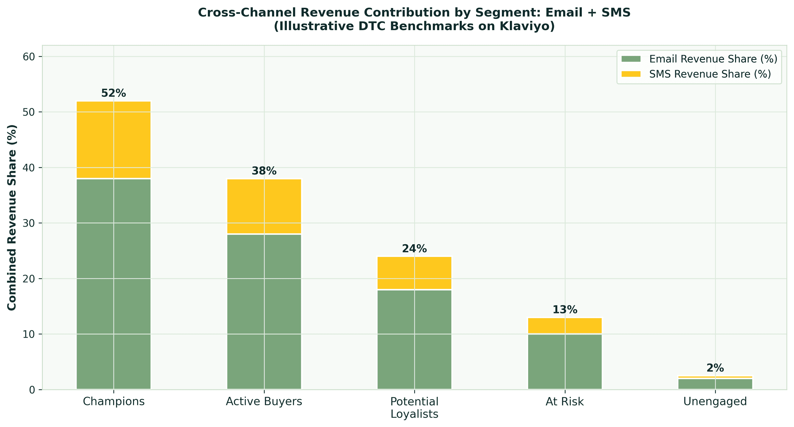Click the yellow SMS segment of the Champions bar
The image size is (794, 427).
[x=114, y=140]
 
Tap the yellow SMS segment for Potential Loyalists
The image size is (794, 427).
[x=414, y=273]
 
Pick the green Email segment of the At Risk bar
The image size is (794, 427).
[x=565, y=362]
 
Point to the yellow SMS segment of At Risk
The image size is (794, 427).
[x=565, y=326]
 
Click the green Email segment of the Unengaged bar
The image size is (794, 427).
[x=715, y=384]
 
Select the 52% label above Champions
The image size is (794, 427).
[x=114, y=93]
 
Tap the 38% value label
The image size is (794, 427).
[x=264, y=171]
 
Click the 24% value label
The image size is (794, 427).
[x=414, y=249]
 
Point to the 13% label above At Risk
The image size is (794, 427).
[x=565, y=310]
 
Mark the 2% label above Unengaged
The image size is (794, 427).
[x=715, y=368]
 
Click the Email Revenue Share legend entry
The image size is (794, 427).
[x=713, y=59]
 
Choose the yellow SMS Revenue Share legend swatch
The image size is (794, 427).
[x=631, y=74]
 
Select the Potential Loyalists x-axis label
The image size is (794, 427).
[x=414, y=407]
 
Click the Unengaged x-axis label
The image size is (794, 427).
[x=715, y=402]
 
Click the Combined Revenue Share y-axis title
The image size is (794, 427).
[x=12, y=217]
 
